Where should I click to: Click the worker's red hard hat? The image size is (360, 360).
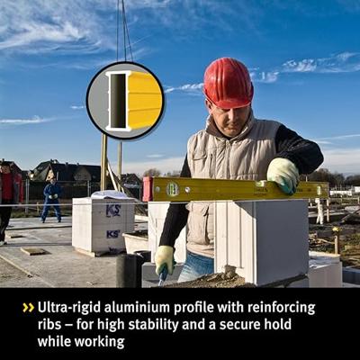click(228, 83)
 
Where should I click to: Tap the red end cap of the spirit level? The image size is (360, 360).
click(148, 189)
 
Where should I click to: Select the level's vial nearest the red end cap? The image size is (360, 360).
click(173, 189)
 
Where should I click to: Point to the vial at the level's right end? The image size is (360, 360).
click(319, 190)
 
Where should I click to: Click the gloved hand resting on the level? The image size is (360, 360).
click(283, 175)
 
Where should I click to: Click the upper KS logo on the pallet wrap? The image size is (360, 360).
click(113, 210)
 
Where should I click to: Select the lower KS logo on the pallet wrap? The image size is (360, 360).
click(113, 234)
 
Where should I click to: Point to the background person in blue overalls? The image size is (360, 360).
click(52, 201)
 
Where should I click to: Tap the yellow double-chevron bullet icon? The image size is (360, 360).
click(29, 308)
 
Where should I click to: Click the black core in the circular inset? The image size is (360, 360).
click(118, 101)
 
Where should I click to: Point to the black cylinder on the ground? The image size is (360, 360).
click(126, 271)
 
